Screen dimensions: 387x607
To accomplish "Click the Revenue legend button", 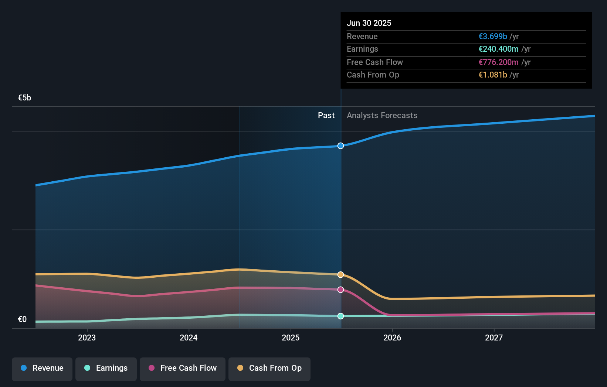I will coord(42,368).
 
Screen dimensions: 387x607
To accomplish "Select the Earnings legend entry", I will coord(106,368).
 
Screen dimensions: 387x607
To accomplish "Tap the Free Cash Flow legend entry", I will coord(183,368).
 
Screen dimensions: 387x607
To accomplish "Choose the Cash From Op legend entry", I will coord(269,368).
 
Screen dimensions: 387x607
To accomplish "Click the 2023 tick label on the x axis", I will coord(87,338).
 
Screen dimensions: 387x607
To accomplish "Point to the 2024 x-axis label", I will coord(189,338).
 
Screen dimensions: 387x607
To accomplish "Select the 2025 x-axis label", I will coord(291,338).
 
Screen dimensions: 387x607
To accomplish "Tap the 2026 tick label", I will coord(392,338).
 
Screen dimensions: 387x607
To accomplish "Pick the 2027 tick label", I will coord(494,338).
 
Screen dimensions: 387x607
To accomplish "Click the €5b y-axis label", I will coord(24,98).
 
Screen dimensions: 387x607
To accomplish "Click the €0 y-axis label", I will coord(22,319).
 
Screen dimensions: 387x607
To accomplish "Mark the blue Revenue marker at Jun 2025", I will coord(340,146).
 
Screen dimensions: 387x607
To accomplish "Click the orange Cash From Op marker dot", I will coord(340,275).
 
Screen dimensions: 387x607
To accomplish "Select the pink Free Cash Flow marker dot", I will coord(340,290).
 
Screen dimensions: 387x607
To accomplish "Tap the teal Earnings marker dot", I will coord(340,316).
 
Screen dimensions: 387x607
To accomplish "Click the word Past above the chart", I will coord(326,116).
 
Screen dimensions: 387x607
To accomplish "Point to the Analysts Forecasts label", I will coord(382,116).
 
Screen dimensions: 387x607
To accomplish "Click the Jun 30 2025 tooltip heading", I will coord(369,23).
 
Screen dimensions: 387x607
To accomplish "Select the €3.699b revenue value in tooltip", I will coord(493,36).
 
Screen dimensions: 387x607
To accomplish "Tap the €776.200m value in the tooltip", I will coord(498,62).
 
